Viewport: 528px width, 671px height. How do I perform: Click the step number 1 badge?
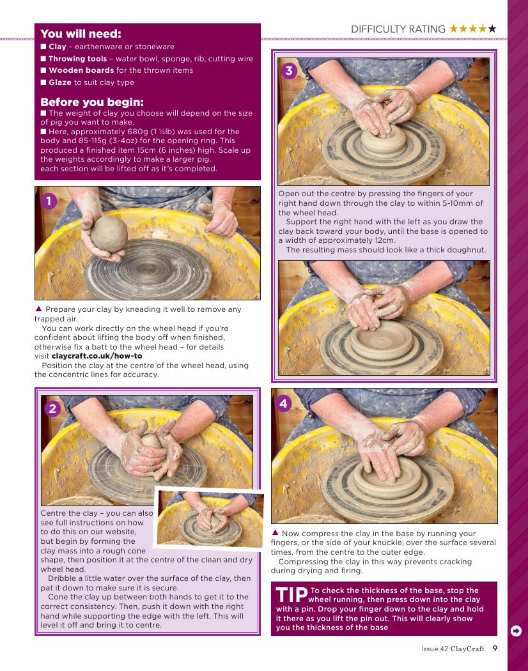click(x=49, y=201)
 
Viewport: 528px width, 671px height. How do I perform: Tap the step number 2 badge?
click(x=52, y=409)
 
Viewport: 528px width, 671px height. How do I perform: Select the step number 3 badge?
click(x=289, y=70)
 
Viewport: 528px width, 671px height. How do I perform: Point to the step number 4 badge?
click(x=283, y=403)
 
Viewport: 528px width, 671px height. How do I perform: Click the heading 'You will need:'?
click(x=81, y=34)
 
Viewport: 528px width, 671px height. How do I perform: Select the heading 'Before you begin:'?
click(x=92, y=102)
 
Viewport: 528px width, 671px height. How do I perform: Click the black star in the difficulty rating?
click(x=492, y=29)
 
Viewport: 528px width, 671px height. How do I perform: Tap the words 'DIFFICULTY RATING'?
click(x=398, y=29)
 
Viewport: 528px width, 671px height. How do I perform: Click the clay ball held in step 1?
click(x=109, y=234)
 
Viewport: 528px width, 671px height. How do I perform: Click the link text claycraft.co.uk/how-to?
click(x=97, y=356)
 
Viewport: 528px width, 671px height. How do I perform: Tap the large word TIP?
click(x=291, y=595)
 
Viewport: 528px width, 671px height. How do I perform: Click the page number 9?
click(x=495, y=649)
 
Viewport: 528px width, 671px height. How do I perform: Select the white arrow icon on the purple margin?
click(x=516, y=631)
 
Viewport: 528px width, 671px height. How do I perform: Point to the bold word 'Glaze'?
click(x=60, y=82)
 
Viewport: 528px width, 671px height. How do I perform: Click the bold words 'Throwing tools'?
click(x=77, y=59)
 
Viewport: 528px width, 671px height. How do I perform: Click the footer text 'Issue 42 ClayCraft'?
click(x=453, y=649)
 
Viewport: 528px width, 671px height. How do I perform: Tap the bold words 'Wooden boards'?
click(x=81, y=70)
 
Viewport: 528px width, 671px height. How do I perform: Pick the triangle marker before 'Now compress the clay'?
click(x=276, y=532)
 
